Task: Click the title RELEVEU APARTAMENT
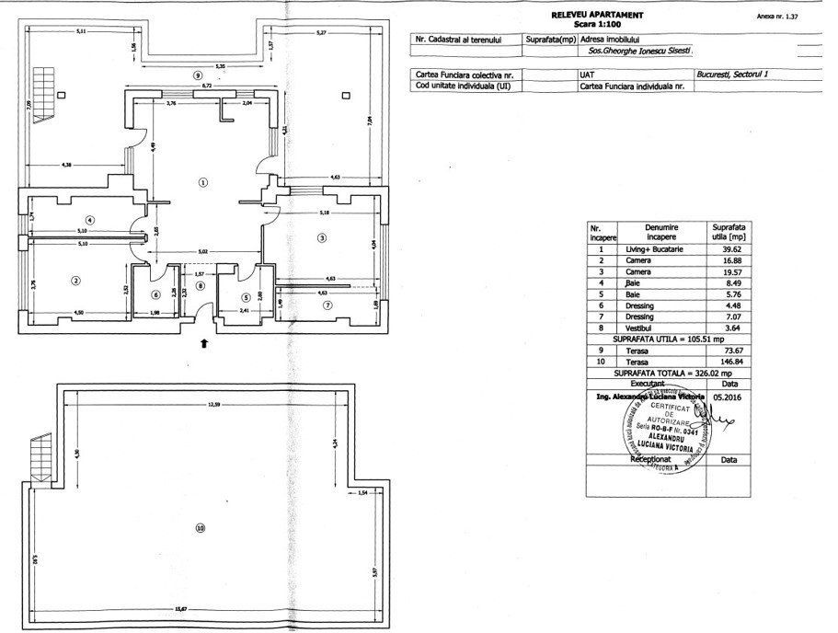[597, 16]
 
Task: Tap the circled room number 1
[203, 181]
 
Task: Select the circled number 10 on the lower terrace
[200, 527]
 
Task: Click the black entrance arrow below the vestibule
[204, 342]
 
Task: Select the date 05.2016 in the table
[725, 397]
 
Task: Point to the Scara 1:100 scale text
[597, 24]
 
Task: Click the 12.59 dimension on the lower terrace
[213, 404]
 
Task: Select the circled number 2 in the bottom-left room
[75, 281]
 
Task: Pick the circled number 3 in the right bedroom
[321, 237]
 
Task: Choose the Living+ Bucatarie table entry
[660, 248]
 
